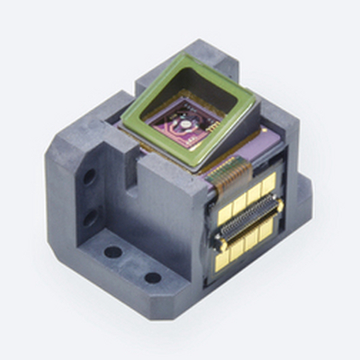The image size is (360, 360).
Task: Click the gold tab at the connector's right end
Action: pos(277,208)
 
